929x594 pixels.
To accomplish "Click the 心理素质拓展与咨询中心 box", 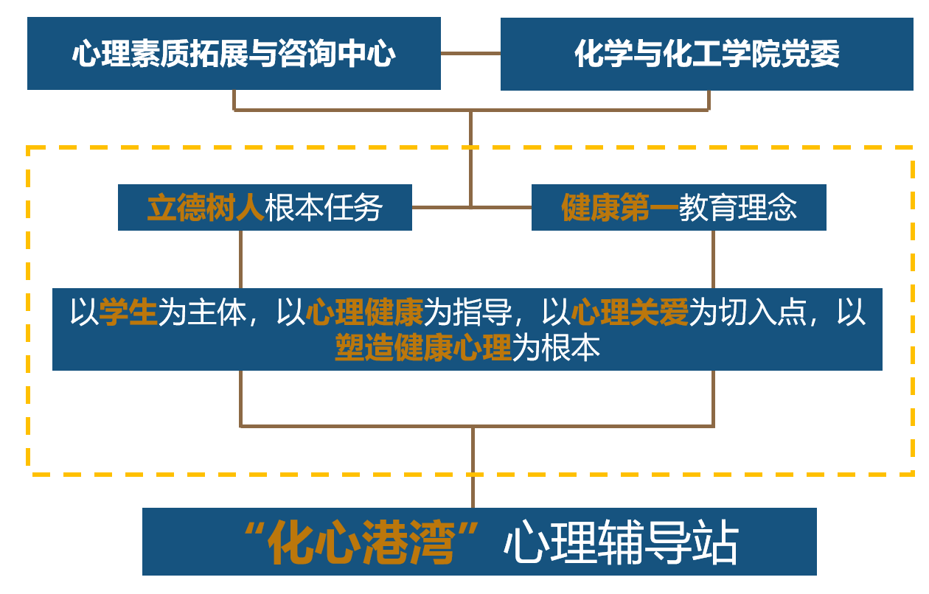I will point(234,54).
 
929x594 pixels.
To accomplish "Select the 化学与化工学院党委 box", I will point(706,54).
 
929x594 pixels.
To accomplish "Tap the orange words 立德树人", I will point(205,208).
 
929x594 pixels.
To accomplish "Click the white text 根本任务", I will point(324,208).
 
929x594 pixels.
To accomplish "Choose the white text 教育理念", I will point(738,208).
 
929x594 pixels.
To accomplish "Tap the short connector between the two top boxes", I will point(470,53).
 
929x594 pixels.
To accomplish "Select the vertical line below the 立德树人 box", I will point(241,259).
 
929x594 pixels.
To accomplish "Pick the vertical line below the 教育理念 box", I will point(713,259).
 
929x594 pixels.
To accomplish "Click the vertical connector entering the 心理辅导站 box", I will point(473,486).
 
